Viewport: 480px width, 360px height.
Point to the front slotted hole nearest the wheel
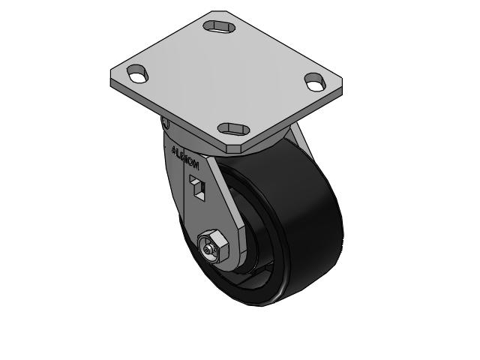[235, 128]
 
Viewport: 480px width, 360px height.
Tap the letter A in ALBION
[175, 149]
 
